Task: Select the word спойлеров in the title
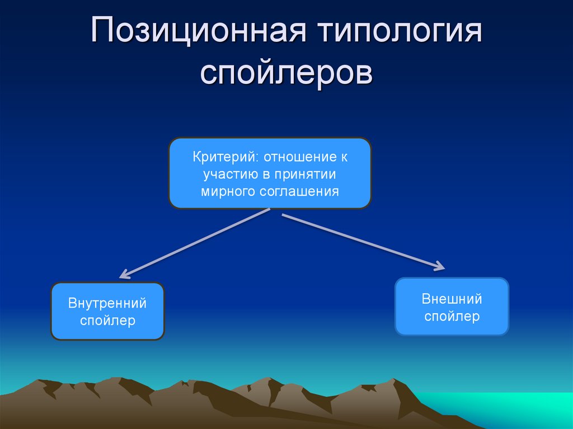(x=286, y=73)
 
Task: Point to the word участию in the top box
(x=229, y=174)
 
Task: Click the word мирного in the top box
(x=228, y=191)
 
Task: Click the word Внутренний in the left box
(x=107, y=304)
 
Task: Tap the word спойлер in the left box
(x=107, y=321)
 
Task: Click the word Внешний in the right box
(x=452, y=299)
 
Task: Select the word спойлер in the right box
(x=452, y=316)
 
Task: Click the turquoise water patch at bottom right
(x=504, y=411)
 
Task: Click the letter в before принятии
(x=267, y=175)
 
